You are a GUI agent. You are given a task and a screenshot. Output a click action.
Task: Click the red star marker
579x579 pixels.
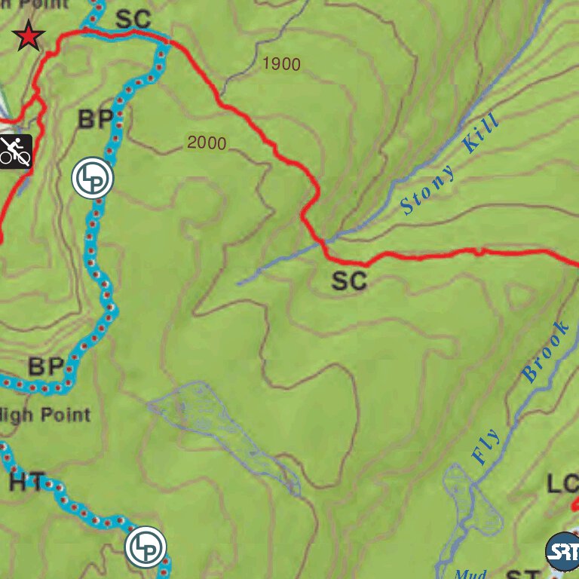29,35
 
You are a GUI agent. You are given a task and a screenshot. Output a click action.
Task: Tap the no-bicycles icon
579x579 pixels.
15,152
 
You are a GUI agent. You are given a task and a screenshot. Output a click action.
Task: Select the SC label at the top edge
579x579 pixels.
133,19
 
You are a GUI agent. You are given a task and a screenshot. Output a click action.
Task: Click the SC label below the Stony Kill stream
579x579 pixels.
350,281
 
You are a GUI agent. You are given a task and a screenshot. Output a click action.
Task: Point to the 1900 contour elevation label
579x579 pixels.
282,65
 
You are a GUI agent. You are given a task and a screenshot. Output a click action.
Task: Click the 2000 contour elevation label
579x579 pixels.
207,142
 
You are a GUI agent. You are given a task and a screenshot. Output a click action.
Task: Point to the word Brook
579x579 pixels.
545,351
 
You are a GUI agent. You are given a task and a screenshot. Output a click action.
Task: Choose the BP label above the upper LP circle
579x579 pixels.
96,119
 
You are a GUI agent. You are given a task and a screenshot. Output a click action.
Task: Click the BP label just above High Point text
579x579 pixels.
46,367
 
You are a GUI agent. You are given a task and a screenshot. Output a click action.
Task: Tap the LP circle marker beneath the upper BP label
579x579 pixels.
92,179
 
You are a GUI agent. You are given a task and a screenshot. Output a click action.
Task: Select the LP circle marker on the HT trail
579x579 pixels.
146,547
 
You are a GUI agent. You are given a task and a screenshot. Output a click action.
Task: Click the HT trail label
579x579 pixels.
28,483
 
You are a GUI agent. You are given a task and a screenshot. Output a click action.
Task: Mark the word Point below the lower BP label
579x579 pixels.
66,414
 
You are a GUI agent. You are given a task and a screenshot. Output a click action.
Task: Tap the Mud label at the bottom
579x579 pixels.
470,573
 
